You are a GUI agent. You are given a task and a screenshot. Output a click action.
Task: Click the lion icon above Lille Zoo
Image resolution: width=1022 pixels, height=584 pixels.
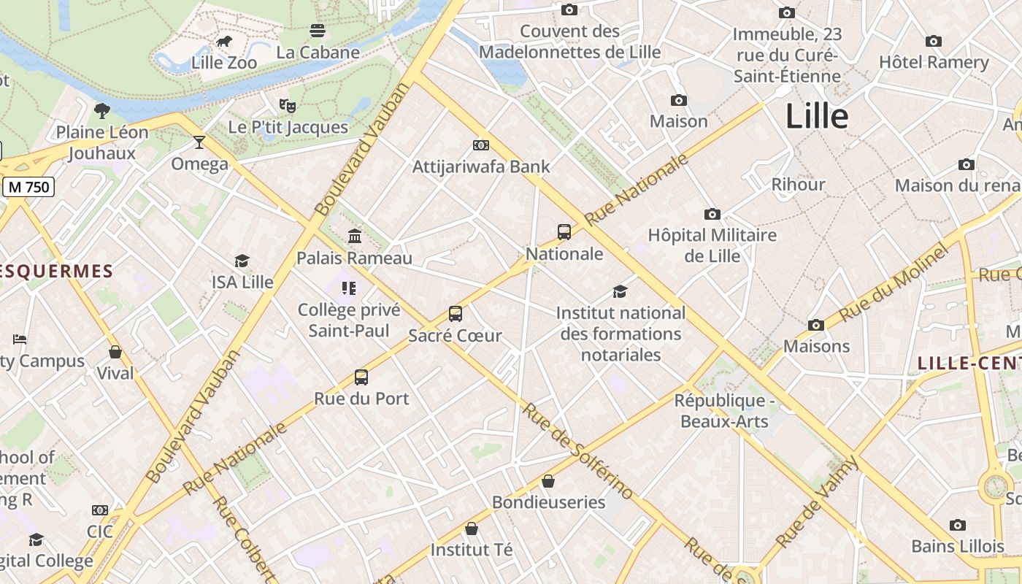coord(224,42)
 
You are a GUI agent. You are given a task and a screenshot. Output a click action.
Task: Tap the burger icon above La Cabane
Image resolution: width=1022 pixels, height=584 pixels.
coord(318,31)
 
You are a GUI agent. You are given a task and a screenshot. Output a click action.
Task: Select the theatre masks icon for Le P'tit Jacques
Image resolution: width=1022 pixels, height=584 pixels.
coord(288,106)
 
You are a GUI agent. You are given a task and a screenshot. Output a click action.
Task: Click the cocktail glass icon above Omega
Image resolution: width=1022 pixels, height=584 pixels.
coord(199,142)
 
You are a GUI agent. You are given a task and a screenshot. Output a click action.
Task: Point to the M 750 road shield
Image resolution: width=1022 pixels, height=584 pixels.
coord(29,187)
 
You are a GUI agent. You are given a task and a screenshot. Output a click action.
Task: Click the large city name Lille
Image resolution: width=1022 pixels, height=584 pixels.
coord(816,117)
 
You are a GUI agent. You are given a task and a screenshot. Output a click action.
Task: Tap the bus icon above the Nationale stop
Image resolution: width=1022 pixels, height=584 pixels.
coord(564,232)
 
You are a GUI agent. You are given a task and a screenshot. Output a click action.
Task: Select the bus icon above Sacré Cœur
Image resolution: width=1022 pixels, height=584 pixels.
coord(456,314)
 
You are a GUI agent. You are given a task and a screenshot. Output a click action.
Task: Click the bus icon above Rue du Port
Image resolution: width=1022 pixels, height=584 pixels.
coord(361,377)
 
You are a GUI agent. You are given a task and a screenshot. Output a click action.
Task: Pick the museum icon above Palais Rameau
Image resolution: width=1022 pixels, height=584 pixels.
coord(355,236)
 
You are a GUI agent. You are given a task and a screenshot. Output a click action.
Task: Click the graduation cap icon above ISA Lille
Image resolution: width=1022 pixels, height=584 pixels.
coord(242,261)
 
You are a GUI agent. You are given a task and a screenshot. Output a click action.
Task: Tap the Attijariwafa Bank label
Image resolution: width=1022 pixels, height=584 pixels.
coord(481,166)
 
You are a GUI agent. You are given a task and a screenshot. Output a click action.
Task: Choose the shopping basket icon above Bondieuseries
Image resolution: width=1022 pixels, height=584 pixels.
coord(548,481)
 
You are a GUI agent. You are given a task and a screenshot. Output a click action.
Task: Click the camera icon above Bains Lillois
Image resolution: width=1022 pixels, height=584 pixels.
coord(958,525)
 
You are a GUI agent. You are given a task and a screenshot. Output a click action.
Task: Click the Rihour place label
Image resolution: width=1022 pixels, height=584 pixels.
coord(799,184)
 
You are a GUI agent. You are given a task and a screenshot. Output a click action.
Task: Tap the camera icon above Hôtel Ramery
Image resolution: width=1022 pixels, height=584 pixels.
coord(933,41)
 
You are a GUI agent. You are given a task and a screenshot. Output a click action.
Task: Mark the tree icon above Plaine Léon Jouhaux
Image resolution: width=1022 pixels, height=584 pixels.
coord(102,111)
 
